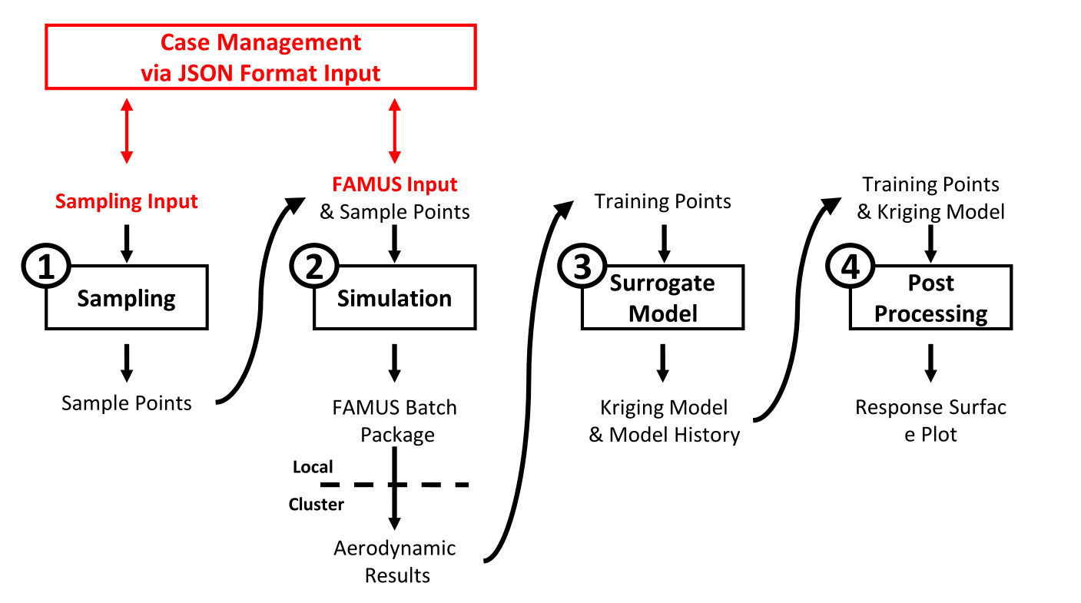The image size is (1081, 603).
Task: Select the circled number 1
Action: pos(46,267)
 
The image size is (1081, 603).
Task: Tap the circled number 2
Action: pos(314,267)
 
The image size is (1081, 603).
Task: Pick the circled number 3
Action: pos(582,267)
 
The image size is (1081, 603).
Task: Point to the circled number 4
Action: pos(851,267)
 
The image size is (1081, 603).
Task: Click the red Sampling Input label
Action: pos(127,201)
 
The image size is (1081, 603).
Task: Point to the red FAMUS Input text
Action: pos(395,184)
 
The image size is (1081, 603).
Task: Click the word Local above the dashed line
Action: pos(313,467)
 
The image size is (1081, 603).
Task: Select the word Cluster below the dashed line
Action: pos(316,504)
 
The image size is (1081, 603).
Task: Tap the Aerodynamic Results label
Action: pos(395,562)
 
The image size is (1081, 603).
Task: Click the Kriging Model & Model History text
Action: pos(664,421)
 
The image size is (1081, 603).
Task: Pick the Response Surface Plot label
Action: pos(931,421)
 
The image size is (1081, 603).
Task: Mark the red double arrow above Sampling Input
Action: pos(127,131)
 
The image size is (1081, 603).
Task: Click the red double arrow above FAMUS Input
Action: pos(395,131)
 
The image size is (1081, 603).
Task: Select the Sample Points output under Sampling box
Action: pos(127,403)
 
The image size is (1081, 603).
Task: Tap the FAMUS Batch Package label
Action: pos(395,421)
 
